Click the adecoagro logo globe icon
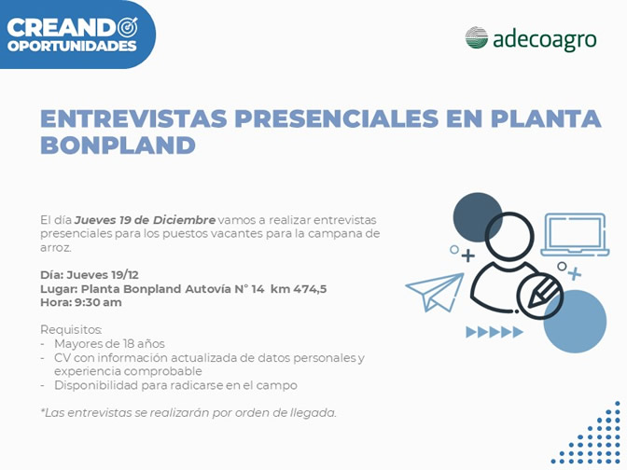[476, 38]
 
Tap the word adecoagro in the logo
[545, 40]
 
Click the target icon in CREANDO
[128, 27]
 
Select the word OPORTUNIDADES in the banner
[72, 46]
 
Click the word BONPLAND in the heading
[118, 145]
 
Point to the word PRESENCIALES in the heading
[337, 118]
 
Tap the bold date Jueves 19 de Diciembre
[146, 220]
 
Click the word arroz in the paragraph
[56, 248]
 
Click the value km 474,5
[299, 289]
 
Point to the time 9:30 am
[97, 302]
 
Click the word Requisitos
[71, 330]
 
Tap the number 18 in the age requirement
[129, 344]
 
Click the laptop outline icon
[575, 235]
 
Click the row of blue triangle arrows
[495, 332]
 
